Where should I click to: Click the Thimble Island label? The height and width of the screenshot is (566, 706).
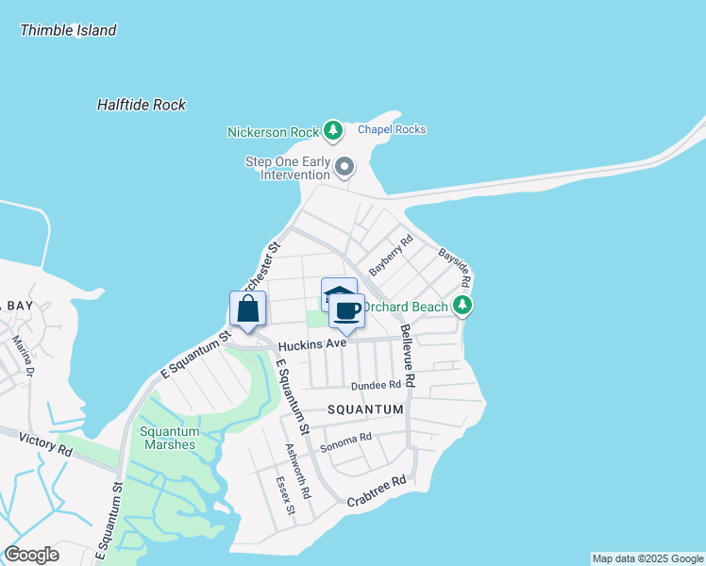[x=68, y=30]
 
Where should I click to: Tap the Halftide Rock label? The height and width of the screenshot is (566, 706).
[x=142, y=105]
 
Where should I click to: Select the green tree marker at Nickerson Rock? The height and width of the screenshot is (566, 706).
[x=332, y=129]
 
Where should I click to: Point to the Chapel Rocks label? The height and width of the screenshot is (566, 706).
[x=392, y=129]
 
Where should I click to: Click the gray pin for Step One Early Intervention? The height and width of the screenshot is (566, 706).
[x=345, y=168]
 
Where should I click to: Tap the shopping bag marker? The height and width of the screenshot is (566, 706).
[x=247, y=308]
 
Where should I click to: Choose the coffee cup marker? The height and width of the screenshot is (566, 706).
[x=346, y=310]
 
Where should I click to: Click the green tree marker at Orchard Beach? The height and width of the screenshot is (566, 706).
[x=462, y=305]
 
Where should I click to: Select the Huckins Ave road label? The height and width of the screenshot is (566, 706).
[x=311, y=344]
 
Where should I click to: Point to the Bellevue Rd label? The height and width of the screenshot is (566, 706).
[x=407, y=356]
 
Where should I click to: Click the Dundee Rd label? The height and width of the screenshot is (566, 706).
[x=377, y=386]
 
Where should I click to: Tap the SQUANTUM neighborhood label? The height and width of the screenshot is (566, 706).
[x=365, y=410]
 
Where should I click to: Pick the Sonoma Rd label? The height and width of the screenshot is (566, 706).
[x=346, y=439]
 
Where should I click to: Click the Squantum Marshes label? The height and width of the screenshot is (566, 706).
[x=168, y=438]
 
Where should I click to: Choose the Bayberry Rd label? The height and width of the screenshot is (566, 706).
[x=392, y=255]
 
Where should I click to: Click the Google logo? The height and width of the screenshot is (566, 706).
[x=32, y=555]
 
